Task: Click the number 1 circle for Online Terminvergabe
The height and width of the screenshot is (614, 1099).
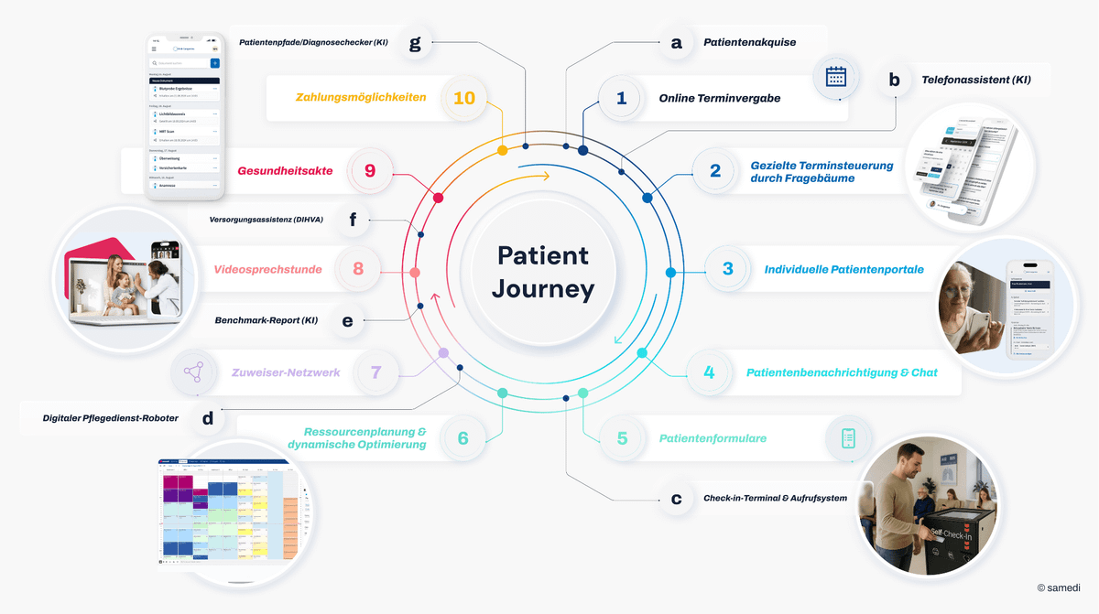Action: [621, 98]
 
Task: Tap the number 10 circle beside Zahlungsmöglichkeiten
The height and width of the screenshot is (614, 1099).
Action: [464, 97]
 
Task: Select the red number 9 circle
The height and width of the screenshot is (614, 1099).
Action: [370, 170]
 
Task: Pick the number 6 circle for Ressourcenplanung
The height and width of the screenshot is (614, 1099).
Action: [462, 438]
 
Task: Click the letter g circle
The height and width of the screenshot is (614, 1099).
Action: [415, 42]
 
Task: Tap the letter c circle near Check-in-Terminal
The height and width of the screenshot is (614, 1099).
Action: [676, 499]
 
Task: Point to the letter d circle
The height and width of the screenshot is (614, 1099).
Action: [208, 418]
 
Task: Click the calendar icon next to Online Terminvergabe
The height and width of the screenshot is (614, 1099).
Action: [835, 77]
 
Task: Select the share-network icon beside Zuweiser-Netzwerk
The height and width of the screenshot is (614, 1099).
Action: [193, 372]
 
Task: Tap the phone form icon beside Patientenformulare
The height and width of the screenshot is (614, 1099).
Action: [848, 437]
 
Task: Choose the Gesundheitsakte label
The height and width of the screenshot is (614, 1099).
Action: [285, 170]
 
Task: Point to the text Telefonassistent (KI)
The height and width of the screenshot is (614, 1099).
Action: [975, 80]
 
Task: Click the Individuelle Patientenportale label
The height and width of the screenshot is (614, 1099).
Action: [843, 269]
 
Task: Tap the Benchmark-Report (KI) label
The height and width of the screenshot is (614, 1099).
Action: [267, 321]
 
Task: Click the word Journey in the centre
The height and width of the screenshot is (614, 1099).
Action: [543, 290]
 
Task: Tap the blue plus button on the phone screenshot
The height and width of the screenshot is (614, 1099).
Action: [214, 63]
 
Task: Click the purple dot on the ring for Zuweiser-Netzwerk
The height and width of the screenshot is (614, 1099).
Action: [443, 352]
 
